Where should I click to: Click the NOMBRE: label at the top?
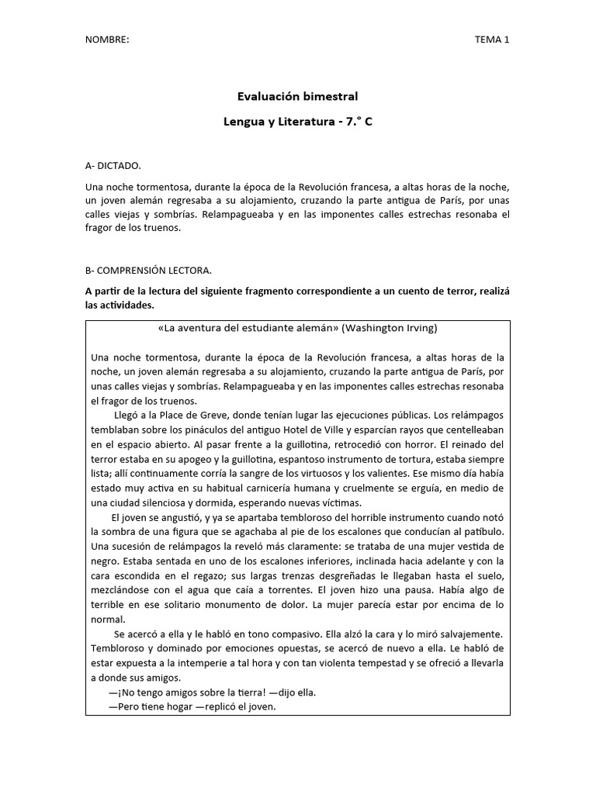coord(107,40)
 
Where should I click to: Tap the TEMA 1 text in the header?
coord(491,40)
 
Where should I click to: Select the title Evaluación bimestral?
coord(297,97)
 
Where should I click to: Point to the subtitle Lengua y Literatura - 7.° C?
coord(297,123)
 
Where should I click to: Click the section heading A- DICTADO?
coord(113,166)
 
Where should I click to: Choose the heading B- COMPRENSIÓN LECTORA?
coord(148,271)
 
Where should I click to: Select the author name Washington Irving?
coord(388,328)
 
